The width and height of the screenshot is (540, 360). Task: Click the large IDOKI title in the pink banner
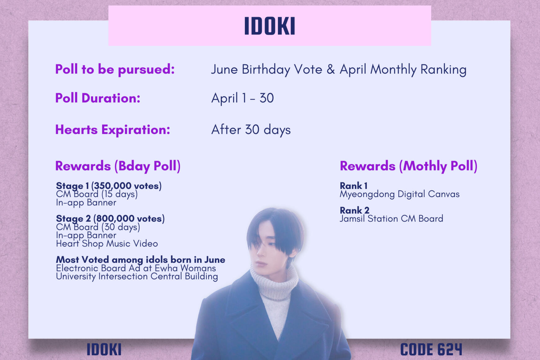click(x=269, y=26)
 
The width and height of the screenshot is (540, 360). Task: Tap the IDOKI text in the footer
click(x=104, y=349)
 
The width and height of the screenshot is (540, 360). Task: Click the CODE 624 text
click(x=431, y=349)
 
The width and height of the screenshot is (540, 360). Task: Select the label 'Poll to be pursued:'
click(x=115, y=69)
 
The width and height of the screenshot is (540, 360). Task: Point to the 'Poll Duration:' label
click(x=98, y=98)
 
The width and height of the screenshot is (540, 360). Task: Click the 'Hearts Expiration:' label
click(x=113, y=130)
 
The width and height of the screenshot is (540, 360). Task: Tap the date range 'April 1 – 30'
click(x=242, y=98)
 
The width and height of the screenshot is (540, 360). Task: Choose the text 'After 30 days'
click(x=251, y=130)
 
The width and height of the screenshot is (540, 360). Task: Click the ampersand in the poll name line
click(x=331, y=70)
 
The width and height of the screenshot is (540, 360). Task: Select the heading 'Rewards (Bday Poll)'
click(x=118, y=166)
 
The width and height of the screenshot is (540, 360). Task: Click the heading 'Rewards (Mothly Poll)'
click(x=408, y=166)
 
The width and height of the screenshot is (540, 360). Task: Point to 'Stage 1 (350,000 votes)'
click(x=109, y=186)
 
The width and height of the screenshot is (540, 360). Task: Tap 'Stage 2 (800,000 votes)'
click(x=110, y=218)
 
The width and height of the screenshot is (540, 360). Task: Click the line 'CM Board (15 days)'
click(x=97, y=194)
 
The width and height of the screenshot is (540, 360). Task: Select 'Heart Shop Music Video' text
click(x=107, y=244)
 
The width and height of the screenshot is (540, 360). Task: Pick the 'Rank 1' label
click(x=354, y=186)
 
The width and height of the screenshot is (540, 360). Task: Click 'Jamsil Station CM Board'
click(x=391, y=219)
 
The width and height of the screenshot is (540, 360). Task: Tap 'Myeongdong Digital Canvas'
click(x=400, y=194)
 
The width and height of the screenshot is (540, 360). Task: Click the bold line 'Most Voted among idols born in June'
click(x=141, y=259)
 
